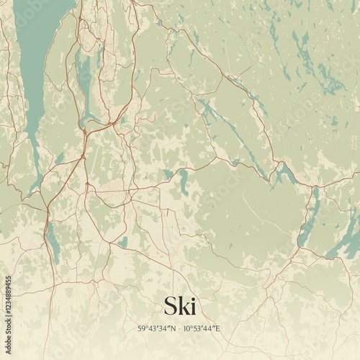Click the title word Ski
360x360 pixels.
[x=179, y=306]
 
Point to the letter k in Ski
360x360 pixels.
[x=184, y=306]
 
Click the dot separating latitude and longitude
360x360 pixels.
[x=180, y=328]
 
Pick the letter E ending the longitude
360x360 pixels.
[x=217, y=328]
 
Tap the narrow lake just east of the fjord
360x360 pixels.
[x=85, y=79]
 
